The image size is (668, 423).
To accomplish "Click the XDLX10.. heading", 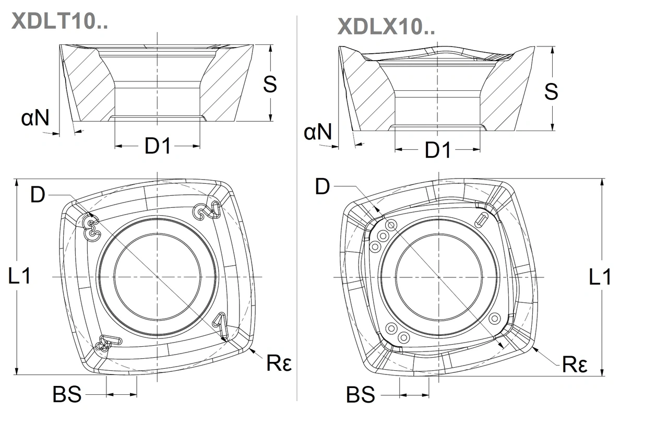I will pos(386,26).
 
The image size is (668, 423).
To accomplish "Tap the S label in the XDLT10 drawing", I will pos(269,84).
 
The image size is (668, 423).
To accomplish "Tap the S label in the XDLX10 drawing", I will pos(551,91).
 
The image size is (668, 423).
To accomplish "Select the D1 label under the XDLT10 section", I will pos(158,147).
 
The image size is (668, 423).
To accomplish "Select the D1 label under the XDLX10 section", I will pos(437,150).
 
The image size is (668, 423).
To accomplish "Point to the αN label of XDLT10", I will pos(35,119).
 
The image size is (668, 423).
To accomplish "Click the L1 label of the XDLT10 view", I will pos(20,276).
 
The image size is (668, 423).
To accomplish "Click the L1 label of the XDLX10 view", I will pos(600,277).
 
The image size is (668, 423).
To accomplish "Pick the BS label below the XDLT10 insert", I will pos(67,395).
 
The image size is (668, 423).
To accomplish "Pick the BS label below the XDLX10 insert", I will pos(361,395).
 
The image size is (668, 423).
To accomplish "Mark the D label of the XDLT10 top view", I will pos(38,195).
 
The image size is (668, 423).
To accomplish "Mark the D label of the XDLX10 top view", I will pos(323,186).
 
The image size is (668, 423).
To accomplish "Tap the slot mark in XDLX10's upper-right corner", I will pos(482,219).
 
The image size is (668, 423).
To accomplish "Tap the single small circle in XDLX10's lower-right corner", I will pos(494,318).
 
